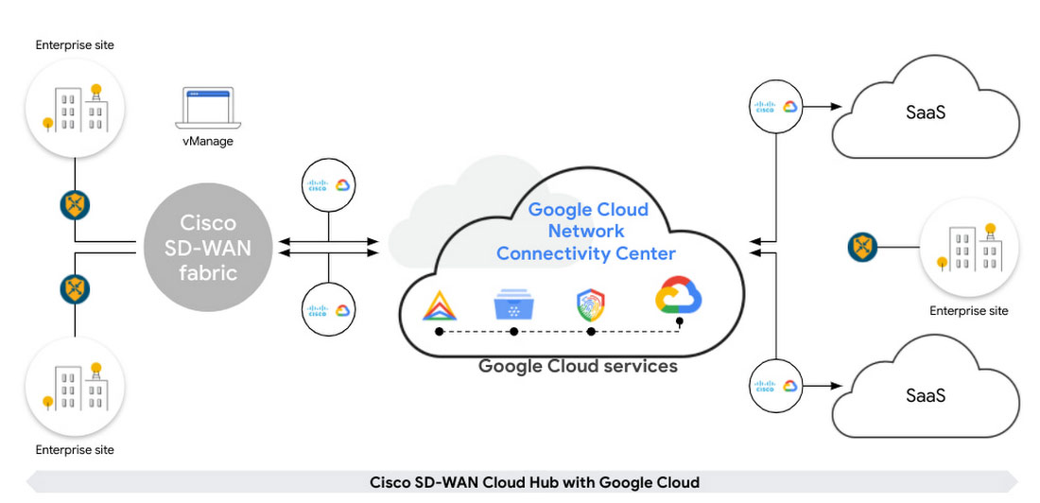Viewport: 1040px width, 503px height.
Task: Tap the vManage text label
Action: (x=208, y=141)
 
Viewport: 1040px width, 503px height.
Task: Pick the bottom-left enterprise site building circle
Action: (x=75, y=388)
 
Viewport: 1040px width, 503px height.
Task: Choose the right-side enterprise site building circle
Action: (x=969, y=249)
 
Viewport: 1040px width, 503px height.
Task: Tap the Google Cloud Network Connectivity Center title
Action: (x=586, y=232)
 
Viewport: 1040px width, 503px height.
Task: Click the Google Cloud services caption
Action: (x=578, y=366)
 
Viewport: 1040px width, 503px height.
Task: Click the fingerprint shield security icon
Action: (x=591, y=305)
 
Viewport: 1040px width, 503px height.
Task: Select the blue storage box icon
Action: (x=513, y=305)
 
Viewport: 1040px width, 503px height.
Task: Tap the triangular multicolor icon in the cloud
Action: (x=438, y=305)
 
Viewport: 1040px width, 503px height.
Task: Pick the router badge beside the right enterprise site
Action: (x=862, y=248)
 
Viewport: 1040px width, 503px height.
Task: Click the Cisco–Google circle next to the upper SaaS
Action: (x=775, y=106)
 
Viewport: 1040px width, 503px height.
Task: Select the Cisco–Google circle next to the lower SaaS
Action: (x=775, y=386)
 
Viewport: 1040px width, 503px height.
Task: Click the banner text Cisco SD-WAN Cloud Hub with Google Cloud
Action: (x=534, y=482)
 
